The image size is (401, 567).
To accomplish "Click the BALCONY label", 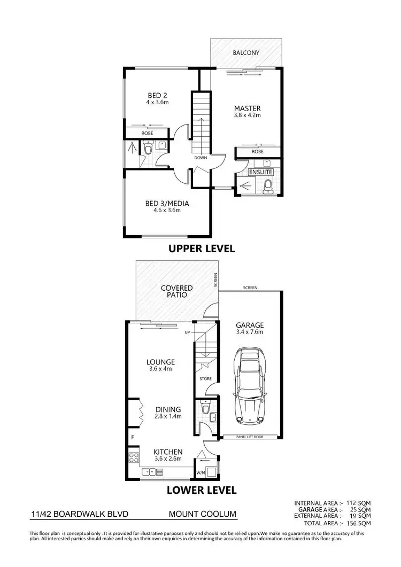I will click(246, 53).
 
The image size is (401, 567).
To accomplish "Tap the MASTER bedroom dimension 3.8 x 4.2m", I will click(247, 115).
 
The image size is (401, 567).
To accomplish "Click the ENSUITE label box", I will click(261, 172).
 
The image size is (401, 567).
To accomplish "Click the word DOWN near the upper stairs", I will click(201, 158).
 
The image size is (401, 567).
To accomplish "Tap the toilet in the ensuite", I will click(268, 185).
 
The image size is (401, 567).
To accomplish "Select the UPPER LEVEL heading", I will click(202, 248).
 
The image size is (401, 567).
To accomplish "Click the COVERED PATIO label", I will click(176, 292).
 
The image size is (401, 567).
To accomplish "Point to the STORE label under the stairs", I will click(206, 379).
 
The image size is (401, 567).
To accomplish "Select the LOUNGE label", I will click(161, 362).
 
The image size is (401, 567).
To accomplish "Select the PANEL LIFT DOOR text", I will click(250, 437).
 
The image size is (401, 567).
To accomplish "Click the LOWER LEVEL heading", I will click(201, 489).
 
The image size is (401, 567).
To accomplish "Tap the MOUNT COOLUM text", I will click(202, 516).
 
